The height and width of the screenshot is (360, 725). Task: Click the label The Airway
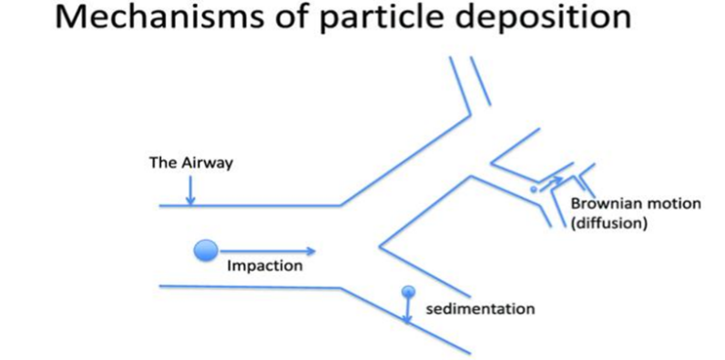190,162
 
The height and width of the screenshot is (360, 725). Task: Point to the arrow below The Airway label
190,190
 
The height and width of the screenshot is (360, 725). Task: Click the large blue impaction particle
206,251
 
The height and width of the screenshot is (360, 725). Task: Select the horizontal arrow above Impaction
267,252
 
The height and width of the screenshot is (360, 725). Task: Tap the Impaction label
264,266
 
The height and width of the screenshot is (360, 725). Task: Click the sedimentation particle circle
408,292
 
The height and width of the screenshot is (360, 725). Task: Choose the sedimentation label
480,309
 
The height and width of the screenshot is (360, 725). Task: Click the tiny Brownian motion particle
534,190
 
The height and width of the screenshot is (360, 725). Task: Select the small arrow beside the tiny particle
551,183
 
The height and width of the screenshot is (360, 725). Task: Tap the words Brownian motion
636,203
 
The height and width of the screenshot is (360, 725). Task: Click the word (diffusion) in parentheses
608,224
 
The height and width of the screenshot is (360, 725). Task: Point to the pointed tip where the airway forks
380,246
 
